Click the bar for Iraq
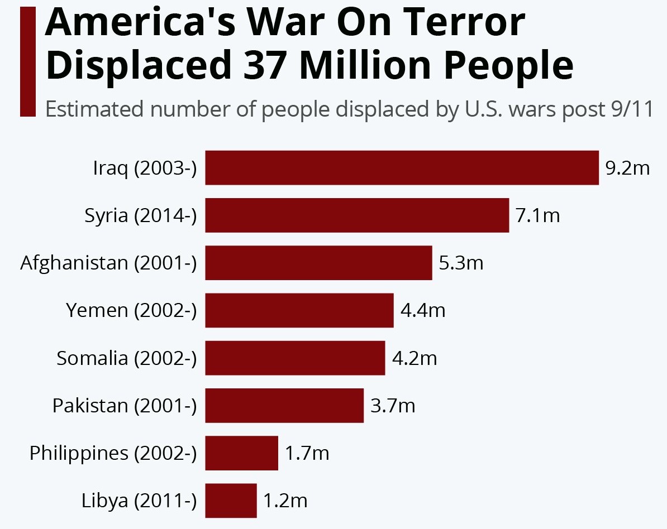pyautogui.click(x=402, y=167)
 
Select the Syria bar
pyautogui.click(x=357, y=215)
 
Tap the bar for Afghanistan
pyautogui.click(x=318, y=262)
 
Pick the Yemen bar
pyautogui.click(x=299, y=310)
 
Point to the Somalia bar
pyautogui.click(x=295, y=358)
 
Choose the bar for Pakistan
pyautogui.click(x=284, y=405)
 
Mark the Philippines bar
pyautogui.click(x=241, y=453)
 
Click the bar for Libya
pyautogui.click(x=231, y=501)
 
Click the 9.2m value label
pyautogui.click(x=628, y=167)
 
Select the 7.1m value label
pyautogui.click(x=537, y=215)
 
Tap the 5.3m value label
pyautogui.click(x=461, y=262)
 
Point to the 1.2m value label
pyautogui.click(x=285, y=501)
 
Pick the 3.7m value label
pyautogui.click(x=393, y=405)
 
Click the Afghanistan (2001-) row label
pyautogui.click(x=108, y=262)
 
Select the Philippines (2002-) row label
pyautogui.click(x=113, y=453)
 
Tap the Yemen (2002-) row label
pyautogui.click(x=131, y=310)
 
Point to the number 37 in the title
pyautogui.click(x=260, y=65)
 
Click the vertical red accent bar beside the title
pyautogui.click(x=27, y=61)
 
